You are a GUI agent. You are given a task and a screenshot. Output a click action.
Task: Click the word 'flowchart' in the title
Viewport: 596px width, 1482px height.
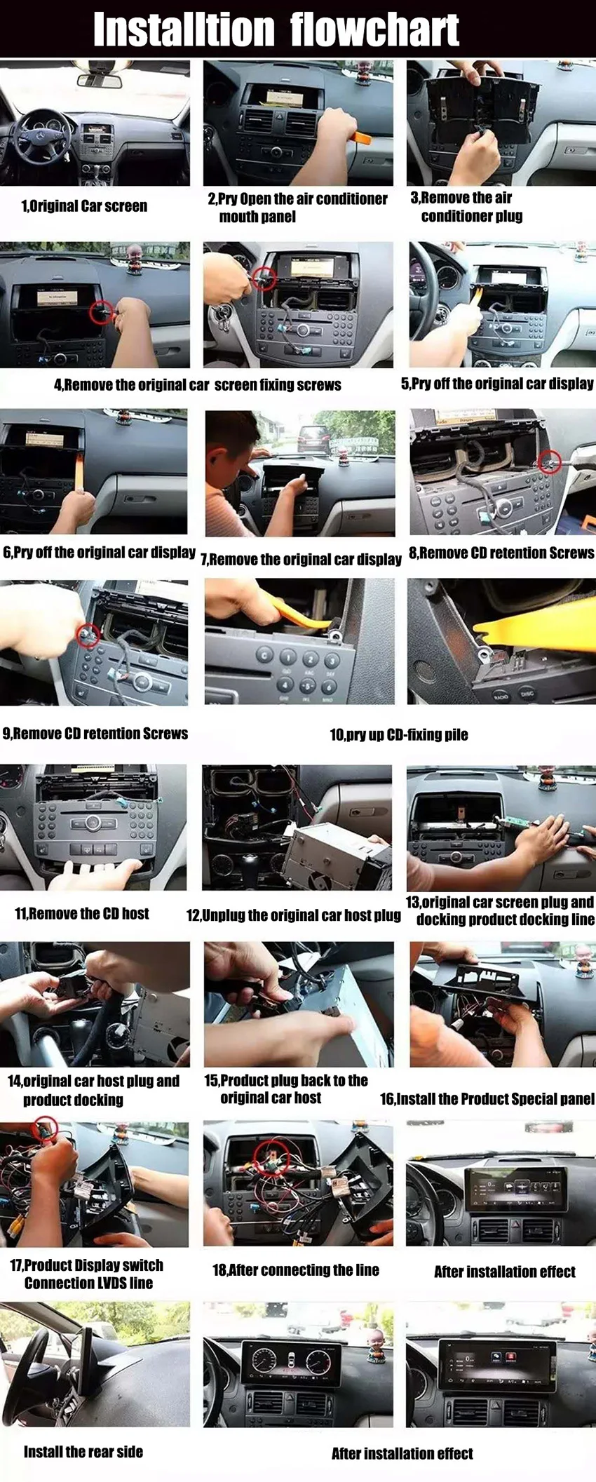pyautogui.click(x=374, y=29)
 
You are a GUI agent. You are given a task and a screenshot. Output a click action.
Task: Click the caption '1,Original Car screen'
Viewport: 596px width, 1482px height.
pyautogui.click(x=84, y=206)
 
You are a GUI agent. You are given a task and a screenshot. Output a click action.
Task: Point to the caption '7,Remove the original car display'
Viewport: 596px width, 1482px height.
pyautogui.click(x=302, y=560)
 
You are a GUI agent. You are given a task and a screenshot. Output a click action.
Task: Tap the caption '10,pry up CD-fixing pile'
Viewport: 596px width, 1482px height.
pyautogui.click(x=398, y=734)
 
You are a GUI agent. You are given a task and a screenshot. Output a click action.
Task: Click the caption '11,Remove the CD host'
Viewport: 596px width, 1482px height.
pyautogui.click(x=82, y=913)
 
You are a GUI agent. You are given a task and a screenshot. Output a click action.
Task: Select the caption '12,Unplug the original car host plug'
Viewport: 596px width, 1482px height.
pyautogui.click(x=293, y=915)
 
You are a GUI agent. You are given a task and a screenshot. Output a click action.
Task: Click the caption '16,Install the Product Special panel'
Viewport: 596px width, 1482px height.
pyautogui.click(x=487, y=1098)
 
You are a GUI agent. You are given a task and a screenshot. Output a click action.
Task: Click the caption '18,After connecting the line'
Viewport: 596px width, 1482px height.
pyautogui.click(x=295, y=1269)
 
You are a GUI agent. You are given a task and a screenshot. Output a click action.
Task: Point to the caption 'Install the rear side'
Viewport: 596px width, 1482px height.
pyautogui.click(x=83, y=1452)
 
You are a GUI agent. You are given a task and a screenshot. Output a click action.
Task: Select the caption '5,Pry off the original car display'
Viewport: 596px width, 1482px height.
pyautogui.click(x=496, y=384)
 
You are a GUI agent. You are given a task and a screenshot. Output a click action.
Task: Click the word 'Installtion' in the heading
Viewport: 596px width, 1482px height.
pyautogui.click(x=183, y=29)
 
